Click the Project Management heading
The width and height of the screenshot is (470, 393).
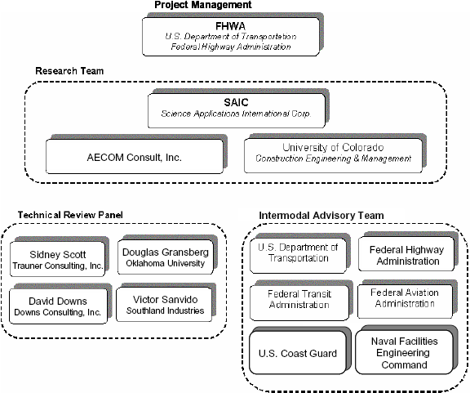[x=202, y=6]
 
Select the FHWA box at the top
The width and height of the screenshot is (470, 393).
[x=226, y=36]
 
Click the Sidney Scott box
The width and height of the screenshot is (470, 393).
[x=57, y=259]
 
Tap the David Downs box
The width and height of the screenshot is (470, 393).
[x=57, y=306]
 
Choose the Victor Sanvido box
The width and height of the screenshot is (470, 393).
[x=166, y=304]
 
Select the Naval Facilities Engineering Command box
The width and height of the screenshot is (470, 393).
[x=405, y=353]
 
